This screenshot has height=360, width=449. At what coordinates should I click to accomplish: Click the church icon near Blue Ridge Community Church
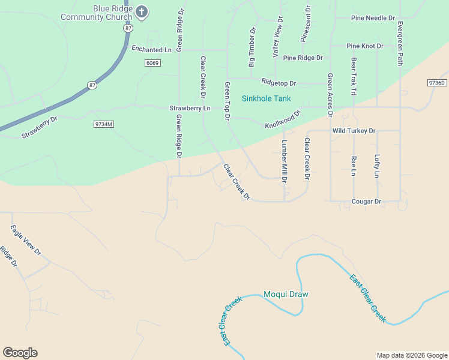tap(142, 11)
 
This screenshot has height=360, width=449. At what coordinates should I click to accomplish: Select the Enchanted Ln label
tap(151, 50)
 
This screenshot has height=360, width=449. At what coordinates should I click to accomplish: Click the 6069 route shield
tap(152, 63)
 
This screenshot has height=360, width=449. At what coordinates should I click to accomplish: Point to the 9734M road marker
tap(103, 124)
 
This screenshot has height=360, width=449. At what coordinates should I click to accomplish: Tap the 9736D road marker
tap(438, 82)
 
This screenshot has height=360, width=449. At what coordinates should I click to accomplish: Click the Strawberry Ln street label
tap(190, 108)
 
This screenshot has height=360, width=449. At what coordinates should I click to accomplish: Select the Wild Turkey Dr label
tap(354, 130)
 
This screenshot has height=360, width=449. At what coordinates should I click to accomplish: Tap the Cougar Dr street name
tap(366, 202)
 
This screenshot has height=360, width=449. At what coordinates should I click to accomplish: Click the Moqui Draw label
tap(286, 294)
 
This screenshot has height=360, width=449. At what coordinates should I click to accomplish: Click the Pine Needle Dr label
tap(373, 19)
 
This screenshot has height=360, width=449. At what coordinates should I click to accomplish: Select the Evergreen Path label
tap(400, 43)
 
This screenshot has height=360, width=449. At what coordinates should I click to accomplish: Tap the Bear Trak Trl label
tap(354, 76)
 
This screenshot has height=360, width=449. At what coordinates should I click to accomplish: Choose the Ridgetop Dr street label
tap(279, 82)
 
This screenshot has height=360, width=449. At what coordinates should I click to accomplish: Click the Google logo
tap(20, 353)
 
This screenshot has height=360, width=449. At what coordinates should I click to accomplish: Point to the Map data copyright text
tap(412, 355)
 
